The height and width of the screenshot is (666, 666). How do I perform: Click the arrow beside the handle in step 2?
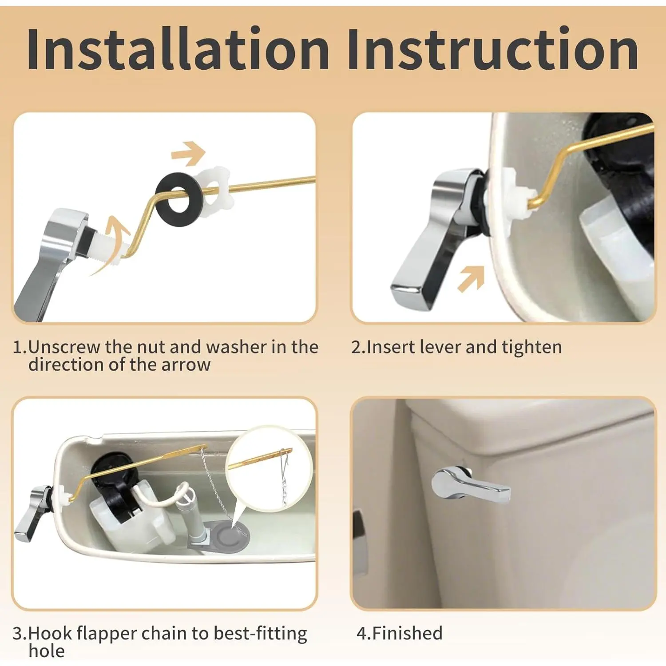471,279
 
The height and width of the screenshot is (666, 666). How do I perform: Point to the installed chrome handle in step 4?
471,484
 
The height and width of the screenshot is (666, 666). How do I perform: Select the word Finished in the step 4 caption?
407,633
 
